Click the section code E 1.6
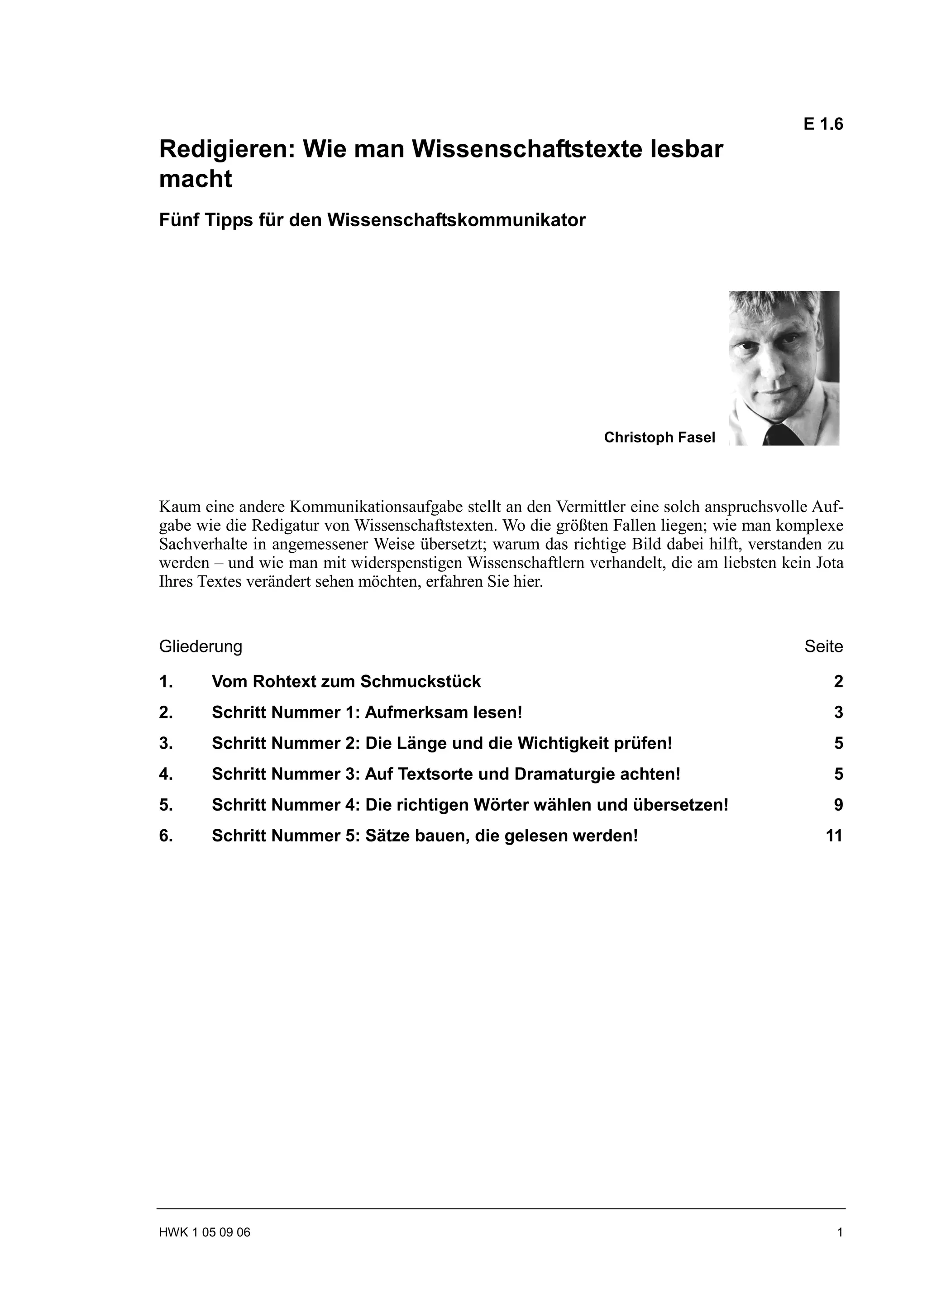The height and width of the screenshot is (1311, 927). click(822, 124)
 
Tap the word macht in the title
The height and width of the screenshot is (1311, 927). click(196, 179)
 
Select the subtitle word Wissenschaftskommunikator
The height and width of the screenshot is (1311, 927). click(456, 220)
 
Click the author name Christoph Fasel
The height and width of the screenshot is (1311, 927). click(659, 437)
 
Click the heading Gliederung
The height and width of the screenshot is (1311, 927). click(201, 646)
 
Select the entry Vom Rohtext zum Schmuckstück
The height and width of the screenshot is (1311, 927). click(346, 682)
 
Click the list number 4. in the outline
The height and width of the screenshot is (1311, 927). click(166, 774)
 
